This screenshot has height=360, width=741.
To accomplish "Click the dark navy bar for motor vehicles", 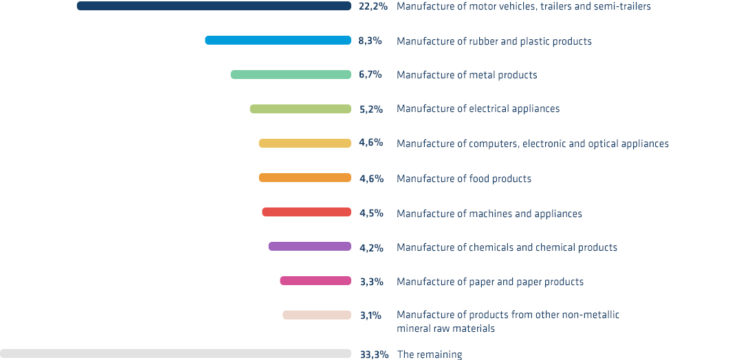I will pos(214,6).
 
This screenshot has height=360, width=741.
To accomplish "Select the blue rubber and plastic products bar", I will pos(278,41).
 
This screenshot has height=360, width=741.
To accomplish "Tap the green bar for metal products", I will pos(291,74).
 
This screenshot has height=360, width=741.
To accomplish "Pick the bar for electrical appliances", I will pos(300,109).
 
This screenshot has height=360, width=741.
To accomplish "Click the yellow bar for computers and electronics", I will pos(305,144).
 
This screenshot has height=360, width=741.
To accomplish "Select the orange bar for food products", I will pos(305,178).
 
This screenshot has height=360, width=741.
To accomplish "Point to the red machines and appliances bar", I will pos(307,212).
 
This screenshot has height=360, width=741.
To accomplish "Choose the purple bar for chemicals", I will pos(309,247).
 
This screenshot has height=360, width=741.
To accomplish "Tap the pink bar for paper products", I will pos(316,281).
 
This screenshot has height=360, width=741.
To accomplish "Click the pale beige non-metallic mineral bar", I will pos(317,315).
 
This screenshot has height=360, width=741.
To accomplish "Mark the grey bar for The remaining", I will pos(175,354).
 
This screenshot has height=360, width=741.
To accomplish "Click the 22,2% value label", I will pos(373,6).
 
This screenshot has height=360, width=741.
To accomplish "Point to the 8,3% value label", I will pos(370,41).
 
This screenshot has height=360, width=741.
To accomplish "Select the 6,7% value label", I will pos(370,74).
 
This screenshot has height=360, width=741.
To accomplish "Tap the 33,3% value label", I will pos(374,355).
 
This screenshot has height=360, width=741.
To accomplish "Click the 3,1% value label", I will pos(370,315).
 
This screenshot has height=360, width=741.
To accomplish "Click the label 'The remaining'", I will pos(430,355).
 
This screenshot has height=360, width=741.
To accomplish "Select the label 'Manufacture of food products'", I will pos(464,179).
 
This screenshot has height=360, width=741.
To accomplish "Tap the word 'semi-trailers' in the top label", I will pos(621,6).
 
